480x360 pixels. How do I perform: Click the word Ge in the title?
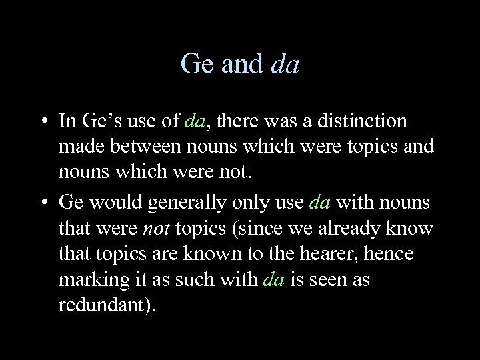pyautogui.click(x=195, y=64)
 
